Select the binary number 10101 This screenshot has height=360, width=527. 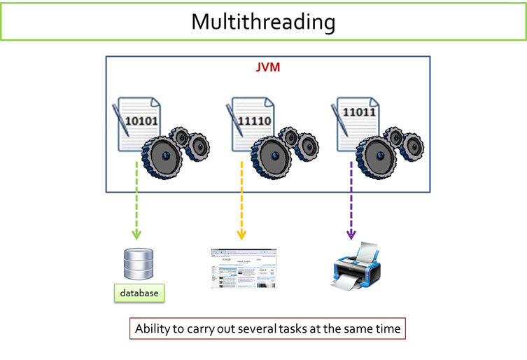pyautogui.click(x=141, y=120)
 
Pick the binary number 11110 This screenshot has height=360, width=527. pyautogui.click(x=255, y=120)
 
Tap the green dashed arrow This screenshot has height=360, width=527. pyautogui.click(x=136, y=200)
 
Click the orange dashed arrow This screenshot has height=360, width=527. pyautogui.click(x=241, y=200)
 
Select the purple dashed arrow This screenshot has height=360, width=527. pyautogui.click(x=351, y=200)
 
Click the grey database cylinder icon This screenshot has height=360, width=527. pyautogui.click(x=137, y=264)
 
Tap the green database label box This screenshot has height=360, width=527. pyautogui.click(x=139, y=292)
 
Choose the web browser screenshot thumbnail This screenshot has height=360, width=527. pyautogui.click(x=243, y=268)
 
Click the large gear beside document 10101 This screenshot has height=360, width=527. pyautogui.click(x=163, y=155)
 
